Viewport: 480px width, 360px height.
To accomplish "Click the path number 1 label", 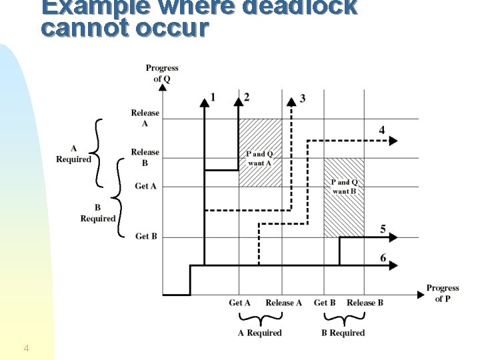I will point(213,97).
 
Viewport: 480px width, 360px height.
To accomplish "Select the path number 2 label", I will point(247,97).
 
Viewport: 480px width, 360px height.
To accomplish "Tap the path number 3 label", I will point(303,99).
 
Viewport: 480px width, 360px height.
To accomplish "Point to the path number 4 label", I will point(381,129).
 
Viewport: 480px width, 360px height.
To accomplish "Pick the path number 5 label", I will point(383,229).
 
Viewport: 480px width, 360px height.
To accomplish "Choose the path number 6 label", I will point(383,258).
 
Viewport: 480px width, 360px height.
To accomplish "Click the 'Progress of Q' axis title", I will point(162,73).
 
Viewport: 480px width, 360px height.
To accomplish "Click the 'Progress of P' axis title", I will point(443,293).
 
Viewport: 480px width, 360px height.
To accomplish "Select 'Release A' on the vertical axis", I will point(145,118).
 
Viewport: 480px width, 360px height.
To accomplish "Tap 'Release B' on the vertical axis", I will point(145,157).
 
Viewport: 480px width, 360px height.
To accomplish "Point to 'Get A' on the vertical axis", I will point(145,186).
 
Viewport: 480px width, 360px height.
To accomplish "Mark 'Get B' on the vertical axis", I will point(146,236).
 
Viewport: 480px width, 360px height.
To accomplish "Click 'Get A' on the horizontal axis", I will point(239,303).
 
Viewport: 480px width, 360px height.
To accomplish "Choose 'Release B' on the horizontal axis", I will point(365,303).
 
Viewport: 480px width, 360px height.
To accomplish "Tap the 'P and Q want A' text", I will point(260,159).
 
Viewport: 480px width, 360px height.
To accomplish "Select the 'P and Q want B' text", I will point(345,187).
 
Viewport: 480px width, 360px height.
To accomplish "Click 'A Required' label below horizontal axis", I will point(260,333).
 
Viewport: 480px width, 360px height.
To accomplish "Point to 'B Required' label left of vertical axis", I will point(98,213).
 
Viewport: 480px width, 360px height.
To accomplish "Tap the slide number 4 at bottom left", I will point(26,348).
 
